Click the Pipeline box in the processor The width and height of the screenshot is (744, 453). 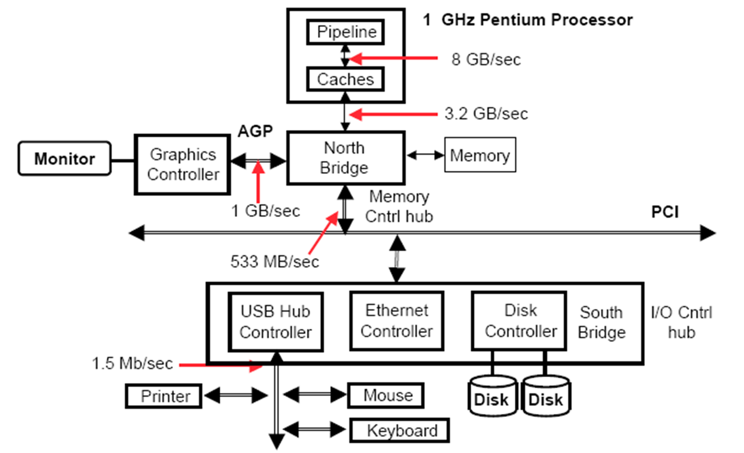[345, 32]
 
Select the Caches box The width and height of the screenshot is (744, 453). [345, 80]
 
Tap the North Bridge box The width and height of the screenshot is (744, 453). [345, 158]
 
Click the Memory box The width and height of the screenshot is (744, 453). [480, 155]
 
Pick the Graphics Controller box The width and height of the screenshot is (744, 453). [183, 164]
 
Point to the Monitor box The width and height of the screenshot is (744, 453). [65, 159]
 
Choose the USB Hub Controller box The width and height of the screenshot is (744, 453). [275, 321]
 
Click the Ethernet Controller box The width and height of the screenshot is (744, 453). [396, 321]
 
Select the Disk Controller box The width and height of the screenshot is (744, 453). [520, 321]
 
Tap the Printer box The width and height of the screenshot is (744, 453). [164, 396]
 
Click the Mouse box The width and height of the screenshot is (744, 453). [386, 396]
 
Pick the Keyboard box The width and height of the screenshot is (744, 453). [400, 430]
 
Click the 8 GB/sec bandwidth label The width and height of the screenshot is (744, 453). [486, 59]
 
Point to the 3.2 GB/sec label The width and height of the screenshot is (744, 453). [486, 114]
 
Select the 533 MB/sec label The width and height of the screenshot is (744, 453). [274, 262]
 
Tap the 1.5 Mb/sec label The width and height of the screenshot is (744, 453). [132, 363]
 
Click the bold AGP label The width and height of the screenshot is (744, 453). [255, 131]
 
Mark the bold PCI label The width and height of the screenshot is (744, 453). [664, 212]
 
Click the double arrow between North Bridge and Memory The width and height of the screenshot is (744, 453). [425, 155]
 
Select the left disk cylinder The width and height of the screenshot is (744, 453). [491, 397]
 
